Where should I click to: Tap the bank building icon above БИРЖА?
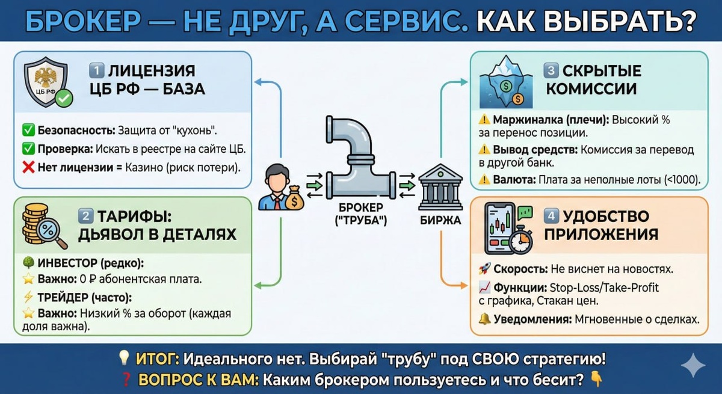click(x=440, y=183)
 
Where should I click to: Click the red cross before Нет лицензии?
click(x=28, y=168)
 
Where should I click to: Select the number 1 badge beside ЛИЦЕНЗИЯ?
click(x=97, y=70)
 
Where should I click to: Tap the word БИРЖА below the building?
click(x=440, y=220)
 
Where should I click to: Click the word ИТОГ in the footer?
click(x=156, y=359)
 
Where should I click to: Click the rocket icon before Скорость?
click(x=484, y=268)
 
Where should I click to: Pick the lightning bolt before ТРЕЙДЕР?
click(x=28, y=297)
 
